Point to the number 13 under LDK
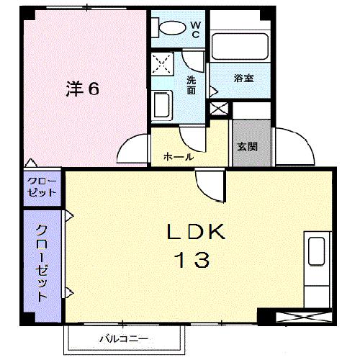pyautogui.click(x=190, y=259)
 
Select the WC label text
pyautogui.click(x=194, y=29)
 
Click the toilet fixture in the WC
pyautogui.click(x=170, y=27)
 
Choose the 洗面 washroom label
pyautogui.click(x=192, y=85)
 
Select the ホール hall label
pyautogui.click(x=178, y=156)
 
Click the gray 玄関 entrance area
pyautogui.click(x=247, y=144)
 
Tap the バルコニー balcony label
pyautogui.click(x=123, y=338)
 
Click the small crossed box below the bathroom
pyautogui.click(x=217, y=109)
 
